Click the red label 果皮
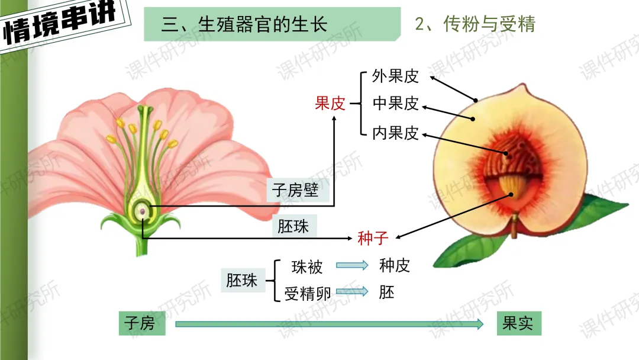coord(330,104)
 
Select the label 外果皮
coord(395,76)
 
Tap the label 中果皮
coord(395,104)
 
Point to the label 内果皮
coord(395,133)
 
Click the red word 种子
coord(373,238)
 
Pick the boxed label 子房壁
coord(295,189)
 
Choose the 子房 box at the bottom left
coord(140,323)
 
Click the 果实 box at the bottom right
coord(518,323)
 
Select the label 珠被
coord(307,267)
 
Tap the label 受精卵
coord(308,293)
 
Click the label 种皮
coord(395,265)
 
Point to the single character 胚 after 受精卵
coord(386,292)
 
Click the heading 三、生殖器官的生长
coord(244,24)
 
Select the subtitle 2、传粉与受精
coord(475,24)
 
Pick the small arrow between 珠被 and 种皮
coord(352,266)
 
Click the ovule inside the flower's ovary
coord(142,210)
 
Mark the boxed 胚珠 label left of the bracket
coord(242,280)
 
